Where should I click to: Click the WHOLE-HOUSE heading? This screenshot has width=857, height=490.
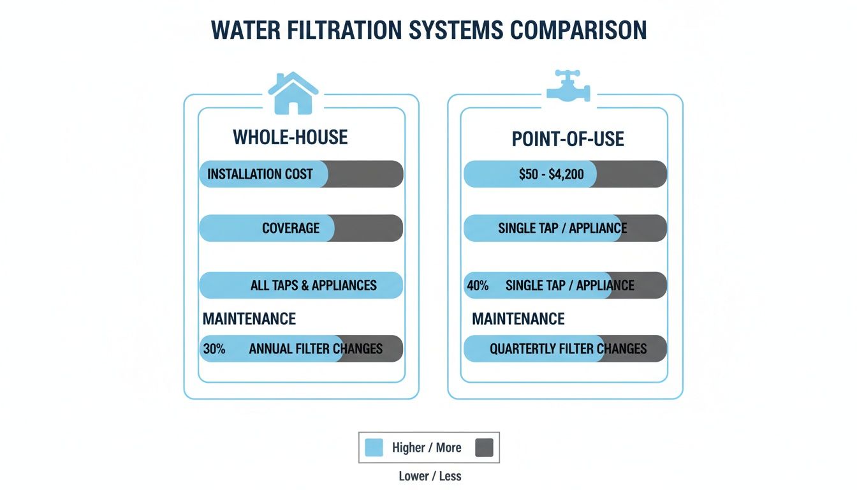tap(290, 137)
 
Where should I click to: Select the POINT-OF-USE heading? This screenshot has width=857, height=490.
tap(568, 139)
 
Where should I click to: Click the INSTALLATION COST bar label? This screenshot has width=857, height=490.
tap(260, 174)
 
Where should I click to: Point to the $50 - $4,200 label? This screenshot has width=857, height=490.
tap(552, 174)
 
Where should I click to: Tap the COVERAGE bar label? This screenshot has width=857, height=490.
tap(291, 228)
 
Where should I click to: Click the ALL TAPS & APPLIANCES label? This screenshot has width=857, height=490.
tap(313, 285)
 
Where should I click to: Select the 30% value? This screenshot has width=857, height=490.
tap(214, 349)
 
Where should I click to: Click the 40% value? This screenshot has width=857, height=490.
tap(478, 285)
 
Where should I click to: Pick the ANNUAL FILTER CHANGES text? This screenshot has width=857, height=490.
tap(316, 349)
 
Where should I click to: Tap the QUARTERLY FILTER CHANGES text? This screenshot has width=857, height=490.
tap(568, 349)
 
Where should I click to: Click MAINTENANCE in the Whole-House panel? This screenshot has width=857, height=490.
tap(249, 318)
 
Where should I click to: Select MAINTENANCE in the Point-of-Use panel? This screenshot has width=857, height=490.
tap(518, 318)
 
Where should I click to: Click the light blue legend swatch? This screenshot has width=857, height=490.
tap(374, 448)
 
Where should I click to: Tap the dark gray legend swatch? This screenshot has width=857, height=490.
tap(484, 448)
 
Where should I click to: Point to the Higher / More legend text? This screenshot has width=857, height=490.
tap(427, 448)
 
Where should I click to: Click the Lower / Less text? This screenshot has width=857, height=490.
tap(429, 476)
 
